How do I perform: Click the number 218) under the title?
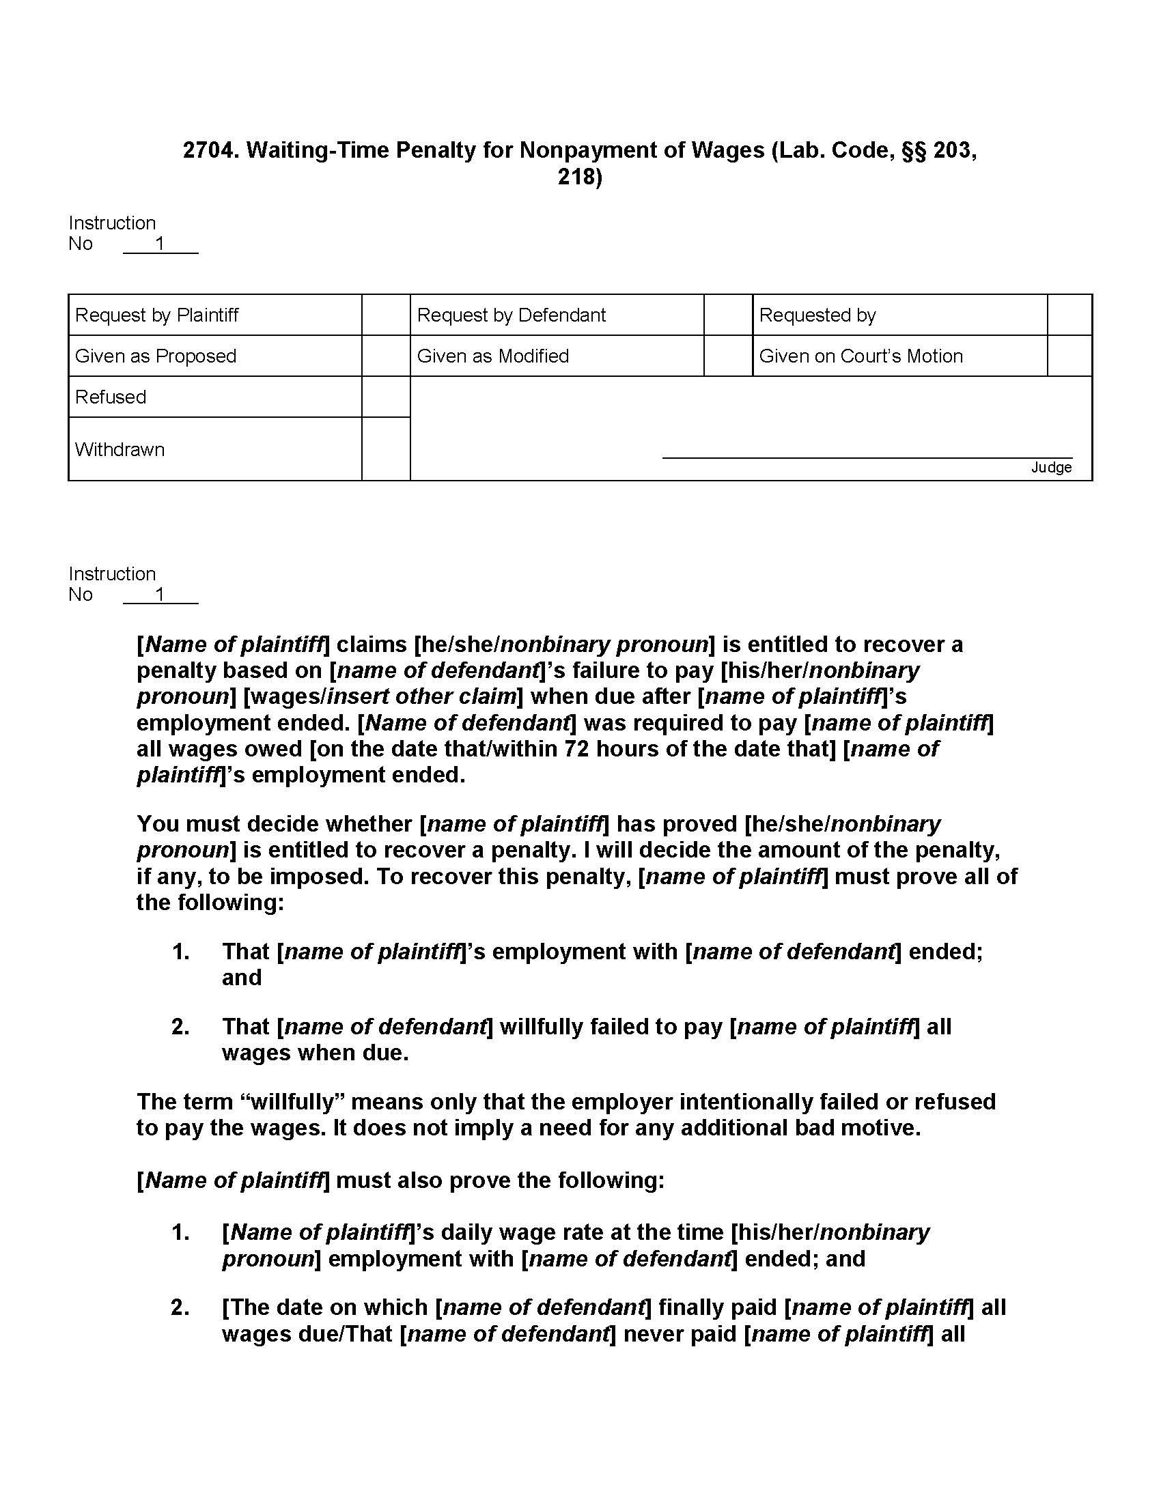pyautogui.click(x=579, y=177)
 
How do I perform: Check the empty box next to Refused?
pyautogui.click(x=386, y=397)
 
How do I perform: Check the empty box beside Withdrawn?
pyautogui.click(x=386, y=449)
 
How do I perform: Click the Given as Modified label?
pyautogui.click(x=492, y=356)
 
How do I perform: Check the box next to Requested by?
pyautogui.click(x=1069, y=315)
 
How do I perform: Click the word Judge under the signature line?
pyautogui.click(x=1050, y=468)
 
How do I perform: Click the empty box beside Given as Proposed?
pyautogui.click(x=386, y=356)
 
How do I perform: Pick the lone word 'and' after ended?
pyautogui.click(x=241, y=977)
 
